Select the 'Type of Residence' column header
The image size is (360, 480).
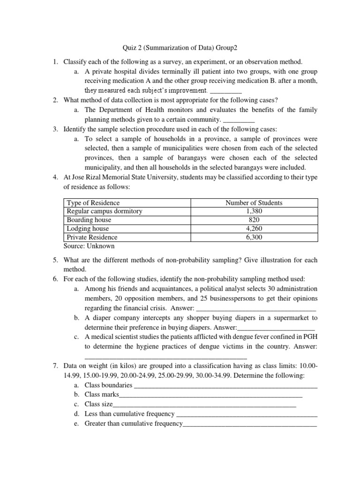(x=93, y=203)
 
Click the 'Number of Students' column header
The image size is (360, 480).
(x=254, y=203)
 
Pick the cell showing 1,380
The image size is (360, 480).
(x=254, y=211)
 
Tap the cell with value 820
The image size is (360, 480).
(x=254, y=220)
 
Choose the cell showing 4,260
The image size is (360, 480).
(x=254, y=229)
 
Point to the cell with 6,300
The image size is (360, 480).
(x=254, y=237)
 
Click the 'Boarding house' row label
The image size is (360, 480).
(x=89, y=220)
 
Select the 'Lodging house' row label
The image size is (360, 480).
(x=88, y=229)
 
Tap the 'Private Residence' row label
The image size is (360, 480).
(x=92, y=237)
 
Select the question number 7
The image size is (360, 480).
(x=54, y=365)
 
